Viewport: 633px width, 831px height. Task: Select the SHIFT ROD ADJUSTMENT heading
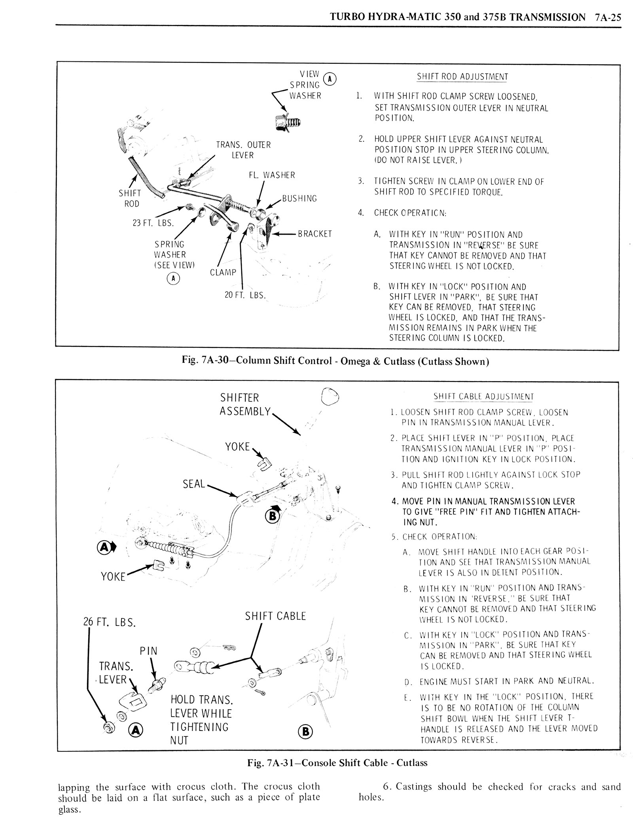[462, 77]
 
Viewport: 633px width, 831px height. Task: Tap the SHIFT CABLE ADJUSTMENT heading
[483, 397]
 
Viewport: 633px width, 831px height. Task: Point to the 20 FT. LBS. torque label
[245, 295]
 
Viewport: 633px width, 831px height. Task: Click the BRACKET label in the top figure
[315, 234]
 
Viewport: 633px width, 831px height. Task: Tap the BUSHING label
[299, 198]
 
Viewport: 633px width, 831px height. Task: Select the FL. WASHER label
[272, 175]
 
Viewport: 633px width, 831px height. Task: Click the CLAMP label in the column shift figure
[223, 273]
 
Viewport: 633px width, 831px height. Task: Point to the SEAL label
[194, 484]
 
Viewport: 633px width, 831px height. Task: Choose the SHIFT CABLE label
[275, 616]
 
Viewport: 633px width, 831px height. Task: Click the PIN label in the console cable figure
[149, 651]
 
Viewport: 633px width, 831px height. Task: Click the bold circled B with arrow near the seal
[273, 515]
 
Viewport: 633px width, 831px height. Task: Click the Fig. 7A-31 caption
[337, 763]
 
